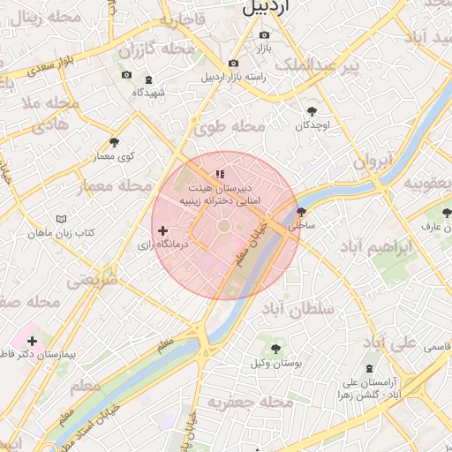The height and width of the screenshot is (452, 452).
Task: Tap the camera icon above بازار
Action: [263, 36]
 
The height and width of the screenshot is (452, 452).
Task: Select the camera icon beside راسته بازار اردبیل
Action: [233, 64]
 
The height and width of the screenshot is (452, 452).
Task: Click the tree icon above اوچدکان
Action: [312, 111]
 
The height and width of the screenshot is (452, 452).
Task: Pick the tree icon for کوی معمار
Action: [114, 142]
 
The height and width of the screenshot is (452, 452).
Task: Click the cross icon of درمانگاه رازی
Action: [162, 230]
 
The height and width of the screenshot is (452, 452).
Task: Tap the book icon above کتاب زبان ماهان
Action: [61, 218]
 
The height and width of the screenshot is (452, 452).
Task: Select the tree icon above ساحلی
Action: [302, 212]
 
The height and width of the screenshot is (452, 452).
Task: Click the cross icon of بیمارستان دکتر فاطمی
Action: [33, 341]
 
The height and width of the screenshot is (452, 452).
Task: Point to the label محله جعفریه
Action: [250, 403]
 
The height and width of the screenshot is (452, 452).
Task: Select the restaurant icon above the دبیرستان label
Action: [219, 175]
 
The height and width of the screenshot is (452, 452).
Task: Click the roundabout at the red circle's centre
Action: [224, 227]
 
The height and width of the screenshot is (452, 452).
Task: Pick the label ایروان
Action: [372, 162]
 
